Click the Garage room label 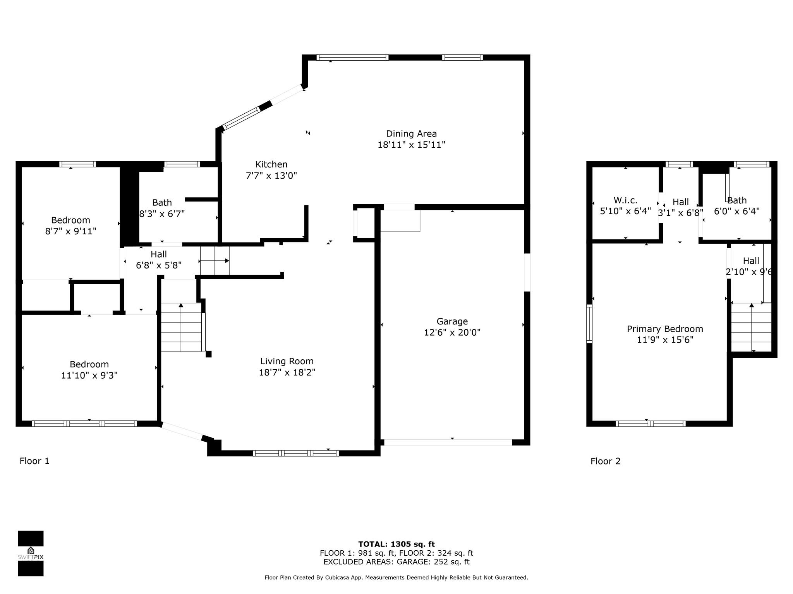(x=452, y=321)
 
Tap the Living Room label (x=287, y=361)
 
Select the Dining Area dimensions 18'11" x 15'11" (x=411, y=145)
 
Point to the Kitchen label (x=271, y=164)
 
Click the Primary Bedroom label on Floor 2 (x=665, y=329)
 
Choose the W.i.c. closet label (x=625, y=200)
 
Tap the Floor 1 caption (x=34, y=461)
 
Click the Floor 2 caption (x=605, y=461)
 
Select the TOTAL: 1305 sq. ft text (x=396, y=544)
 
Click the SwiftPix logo (x=31, y=553)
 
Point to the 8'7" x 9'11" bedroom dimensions (x=70, y=231)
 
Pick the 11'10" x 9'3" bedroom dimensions (x=89, y=375)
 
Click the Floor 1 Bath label (x=162, y=203)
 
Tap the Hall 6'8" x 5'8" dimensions (x=159, y=265)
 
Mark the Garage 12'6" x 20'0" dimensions (x=452, y=332)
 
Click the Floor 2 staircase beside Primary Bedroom (x=751, y=327)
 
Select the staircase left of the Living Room (x=181, y=327)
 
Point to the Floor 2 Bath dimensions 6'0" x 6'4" (x=737, y=211)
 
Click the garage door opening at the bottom (x=448, y=442)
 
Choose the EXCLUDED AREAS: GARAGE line (x=396, y=562)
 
